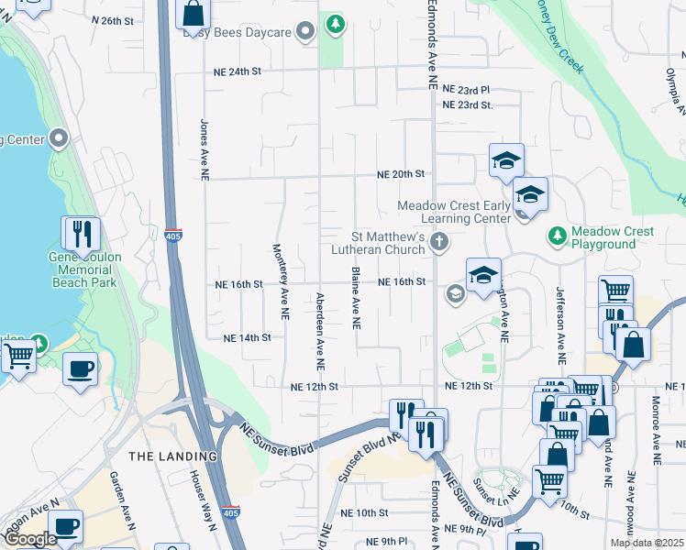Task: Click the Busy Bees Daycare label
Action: pyautogui.click(x=237, y=32)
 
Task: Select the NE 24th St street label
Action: pyautogui.click(x=238, y=71)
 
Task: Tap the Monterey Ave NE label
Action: pyautogui.click(x=279, y=281)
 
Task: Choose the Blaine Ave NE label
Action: pyautogui.click(x=355, y=298)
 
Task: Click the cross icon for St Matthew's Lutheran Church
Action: pyautogui.click(x=439, y=242)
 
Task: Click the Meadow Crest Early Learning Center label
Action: pyautogui.click(x=453, y=212)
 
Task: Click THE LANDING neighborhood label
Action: pyautogui.click(x=173, y=456)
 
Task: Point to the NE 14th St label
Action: pyautogui.click(x=247, y=337)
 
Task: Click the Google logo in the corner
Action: pyautogui.click(x=30, y=539)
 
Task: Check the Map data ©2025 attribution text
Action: pyautogui.click(x=647, y=543)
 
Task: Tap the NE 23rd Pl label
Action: pyautogui.click(x=467, y=90)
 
